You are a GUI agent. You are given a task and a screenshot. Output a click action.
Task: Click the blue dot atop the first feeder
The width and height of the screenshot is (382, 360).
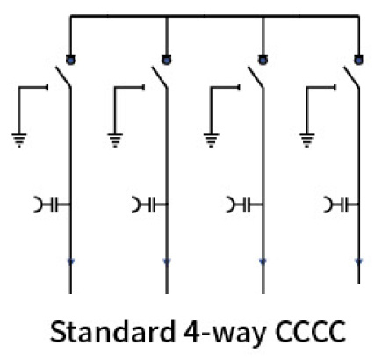(x=70, y=60)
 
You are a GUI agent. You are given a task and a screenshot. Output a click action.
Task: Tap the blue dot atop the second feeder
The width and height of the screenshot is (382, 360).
(x=167, y=60)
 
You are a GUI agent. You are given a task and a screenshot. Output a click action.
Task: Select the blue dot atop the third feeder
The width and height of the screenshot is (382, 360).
(x=263, y=60)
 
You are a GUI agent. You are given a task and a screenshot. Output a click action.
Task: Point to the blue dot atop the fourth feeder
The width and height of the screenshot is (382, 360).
(x=358, y=60)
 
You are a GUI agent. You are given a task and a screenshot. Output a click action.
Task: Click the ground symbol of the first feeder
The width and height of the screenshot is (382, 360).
(x=19, y=140)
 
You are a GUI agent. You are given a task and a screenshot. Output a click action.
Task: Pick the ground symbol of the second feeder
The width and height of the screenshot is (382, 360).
(x=115, y=140)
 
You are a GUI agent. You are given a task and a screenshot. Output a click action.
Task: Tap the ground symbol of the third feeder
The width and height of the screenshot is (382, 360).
(x=211, y=140)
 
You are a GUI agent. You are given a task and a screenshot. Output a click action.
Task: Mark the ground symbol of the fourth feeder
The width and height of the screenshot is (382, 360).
(x=306, y=140)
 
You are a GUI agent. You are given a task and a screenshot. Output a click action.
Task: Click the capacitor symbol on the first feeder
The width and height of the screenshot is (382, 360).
(x=53, y=205)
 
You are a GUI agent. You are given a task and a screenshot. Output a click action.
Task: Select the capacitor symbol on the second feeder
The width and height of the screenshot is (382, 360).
(x=149, y=205)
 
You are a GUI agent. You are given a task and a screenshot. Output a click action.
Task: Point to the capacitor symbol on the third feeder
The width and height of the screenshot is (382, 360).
(x=245, y=205)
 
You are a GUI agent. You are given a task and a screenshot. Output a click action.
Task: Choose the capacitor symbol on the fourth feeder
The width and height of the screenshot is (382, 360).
(x=342, y=205)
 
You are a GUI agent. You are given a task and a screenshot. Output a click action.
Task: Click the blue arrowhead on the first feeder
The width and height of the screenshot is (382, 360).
(x=70, y=262)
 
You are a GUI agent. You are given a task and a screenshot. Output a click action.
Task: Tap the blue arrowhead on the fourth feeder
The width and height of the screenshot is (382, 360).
(x=358, y=262)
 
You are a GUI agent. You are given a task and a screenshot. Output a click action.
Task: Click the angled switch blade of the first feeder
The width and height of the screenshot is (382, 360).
(x=63, y=77)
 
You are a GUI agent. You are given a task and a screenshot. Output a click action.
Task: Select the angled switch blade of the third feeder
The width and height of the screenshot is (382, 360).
(x=256, y=77)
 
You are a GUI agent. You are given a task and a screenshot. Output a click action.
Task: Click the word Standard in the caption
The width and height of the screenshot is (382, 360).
(x=112, y=332)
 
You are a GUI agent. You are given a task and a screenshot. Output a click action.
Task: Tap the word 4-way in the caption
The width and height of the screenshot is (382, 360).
(x=225, y=334)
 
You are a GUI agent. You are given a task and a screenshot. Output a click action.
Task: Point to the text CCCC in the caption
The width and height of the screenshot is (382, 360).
(x=310, y=332)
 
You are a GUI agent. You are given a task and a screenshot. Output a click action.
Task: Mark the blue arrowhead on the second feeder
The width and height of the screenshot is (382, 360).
(x=167, y=262)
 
